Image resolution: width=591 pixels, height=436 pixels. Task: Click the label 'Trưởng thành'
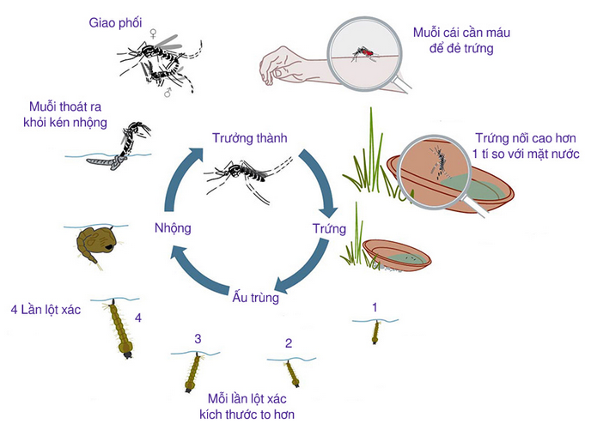248,137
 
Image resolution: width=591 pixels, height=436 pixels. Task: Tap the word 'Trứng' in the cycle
329,229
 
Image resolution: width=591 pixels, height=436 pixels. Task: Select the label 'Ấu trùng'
255,298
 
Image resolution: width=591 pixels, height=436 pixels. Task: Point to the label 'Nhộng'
173,228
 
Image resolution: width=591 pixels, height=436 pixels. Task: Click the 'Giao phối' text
115,22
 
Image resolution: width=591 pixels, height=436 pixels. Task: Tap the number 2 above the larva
289,343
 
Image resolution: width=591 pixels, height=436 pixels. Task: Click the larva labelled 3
192,371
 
